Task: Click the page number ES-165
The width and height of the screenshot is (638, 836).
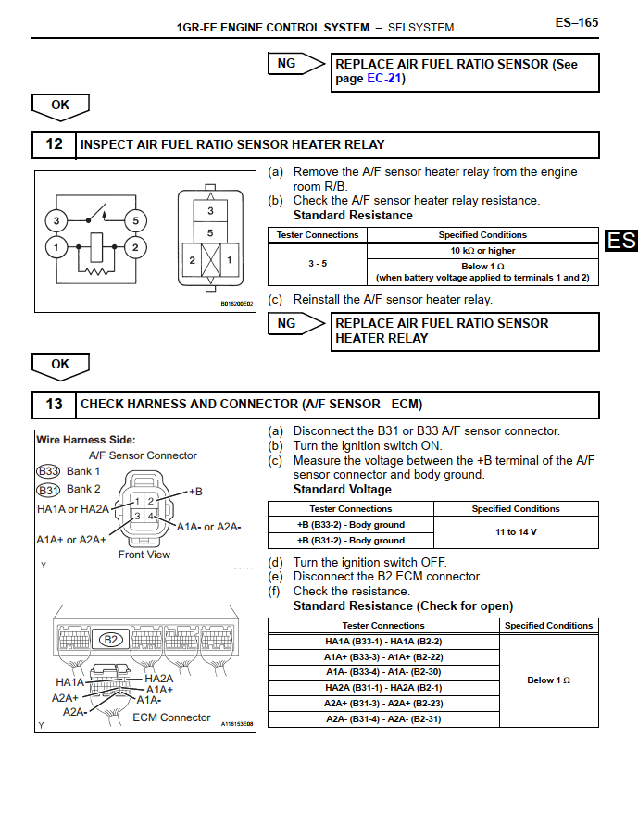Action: click(x=576, y=22)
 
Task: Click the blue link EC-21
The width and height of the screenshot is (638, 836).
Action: click(x=385, y=79)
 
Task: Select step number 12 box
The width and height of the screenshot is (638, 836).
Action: click(x=54, y=144)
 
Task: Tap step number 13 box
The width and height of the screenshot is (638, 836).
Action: click(x=54, y=404)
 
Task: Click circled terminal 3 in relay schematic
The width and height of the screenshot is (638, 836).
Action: click(x=56, y=220)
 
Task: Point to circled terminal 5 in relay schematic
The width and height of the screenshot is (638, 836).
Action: click(x=135, y=220)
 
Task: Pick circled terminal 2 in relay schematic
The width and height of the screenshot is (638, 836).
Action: click(x=135, y=247)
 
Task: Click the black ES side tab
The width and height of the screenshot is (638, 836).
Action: click(x=622, y=241)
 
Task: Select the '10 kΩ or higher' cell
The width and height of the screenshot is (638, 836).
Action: click(x=482, y=251)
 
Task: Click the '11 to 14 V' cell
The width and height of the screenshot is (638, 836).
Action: click(x=516, y=532)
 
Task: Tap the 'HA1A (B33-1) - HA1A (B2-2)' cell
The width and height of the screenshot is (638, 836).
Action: click(x=382, y=641)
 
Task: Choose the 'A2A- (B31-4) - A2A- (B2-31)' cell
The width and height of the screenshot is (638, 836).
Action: click(x=382, y=718)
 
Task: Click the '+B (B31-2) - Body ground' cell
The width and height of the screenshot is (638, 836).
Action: click(x=350, y=540)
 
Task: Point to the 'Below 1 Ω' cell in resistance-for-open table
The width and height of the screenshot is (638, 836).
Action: click(x=548, y=680)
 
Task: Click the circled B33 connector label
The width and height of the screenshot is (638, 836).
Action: click(x=48, y=471)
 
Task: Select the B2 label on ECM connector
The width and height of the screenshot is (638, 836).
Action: click(x=111, y=639)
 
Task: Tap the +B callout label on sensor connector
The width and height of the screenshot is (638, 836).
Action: click(x=194, y=491)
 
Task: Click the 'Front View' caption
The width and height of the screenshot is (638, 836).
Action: click(x=144, y=555)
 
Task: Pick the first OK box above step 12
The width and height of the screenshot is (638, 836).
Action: click(x=60, y=106)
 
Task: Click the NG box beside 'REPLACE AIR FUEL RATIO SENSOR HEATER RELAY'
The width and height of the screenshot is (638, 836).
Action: click(x=287, y=323)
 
